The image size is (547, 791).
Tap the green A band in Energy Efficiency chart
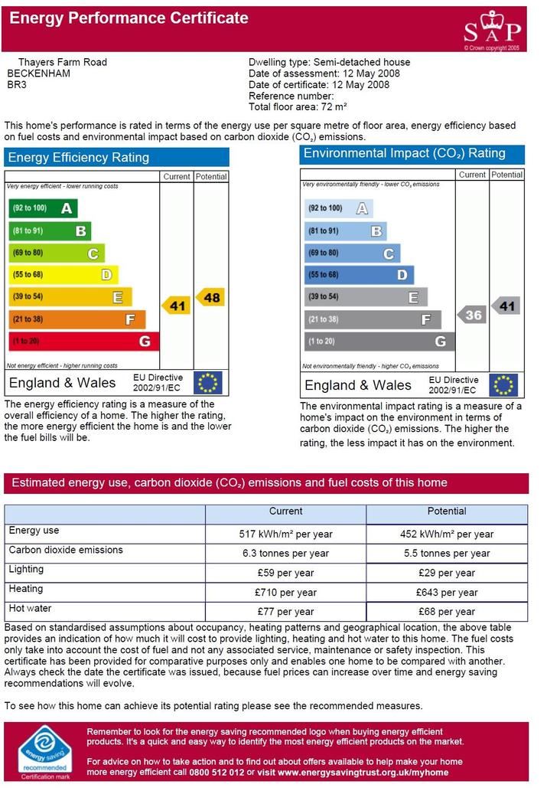44,208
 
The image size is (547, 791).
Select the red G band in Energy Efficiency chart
84,341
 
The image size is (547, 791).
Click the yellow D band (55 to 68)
63,274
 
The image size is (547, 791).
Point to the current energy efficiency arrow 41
176,306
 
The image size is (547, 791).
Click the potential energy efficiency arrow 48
210,297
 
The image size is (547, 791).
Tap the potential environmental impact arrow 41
505,306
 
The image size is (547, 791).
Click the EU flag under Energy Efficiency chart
208,382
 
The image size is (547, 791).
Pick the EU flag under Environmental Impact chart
503,385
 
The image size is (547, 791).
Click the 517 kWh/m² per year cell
286,534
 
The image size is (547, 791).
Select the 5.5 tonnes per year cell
447,554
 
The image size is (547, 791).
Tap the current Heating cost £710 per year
286,593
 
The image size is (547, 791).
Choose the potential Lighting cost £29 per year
447,573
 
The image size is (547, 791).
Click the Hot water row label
30,609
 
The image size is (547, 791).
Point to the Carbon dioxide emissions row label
66,550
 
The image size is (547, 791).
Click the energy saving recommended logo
45,753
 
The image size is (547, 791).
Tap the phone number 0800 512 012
217,773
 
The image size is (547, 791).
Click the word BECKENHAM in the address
38,74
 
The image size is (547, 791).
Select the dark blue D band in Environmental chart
359,275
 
